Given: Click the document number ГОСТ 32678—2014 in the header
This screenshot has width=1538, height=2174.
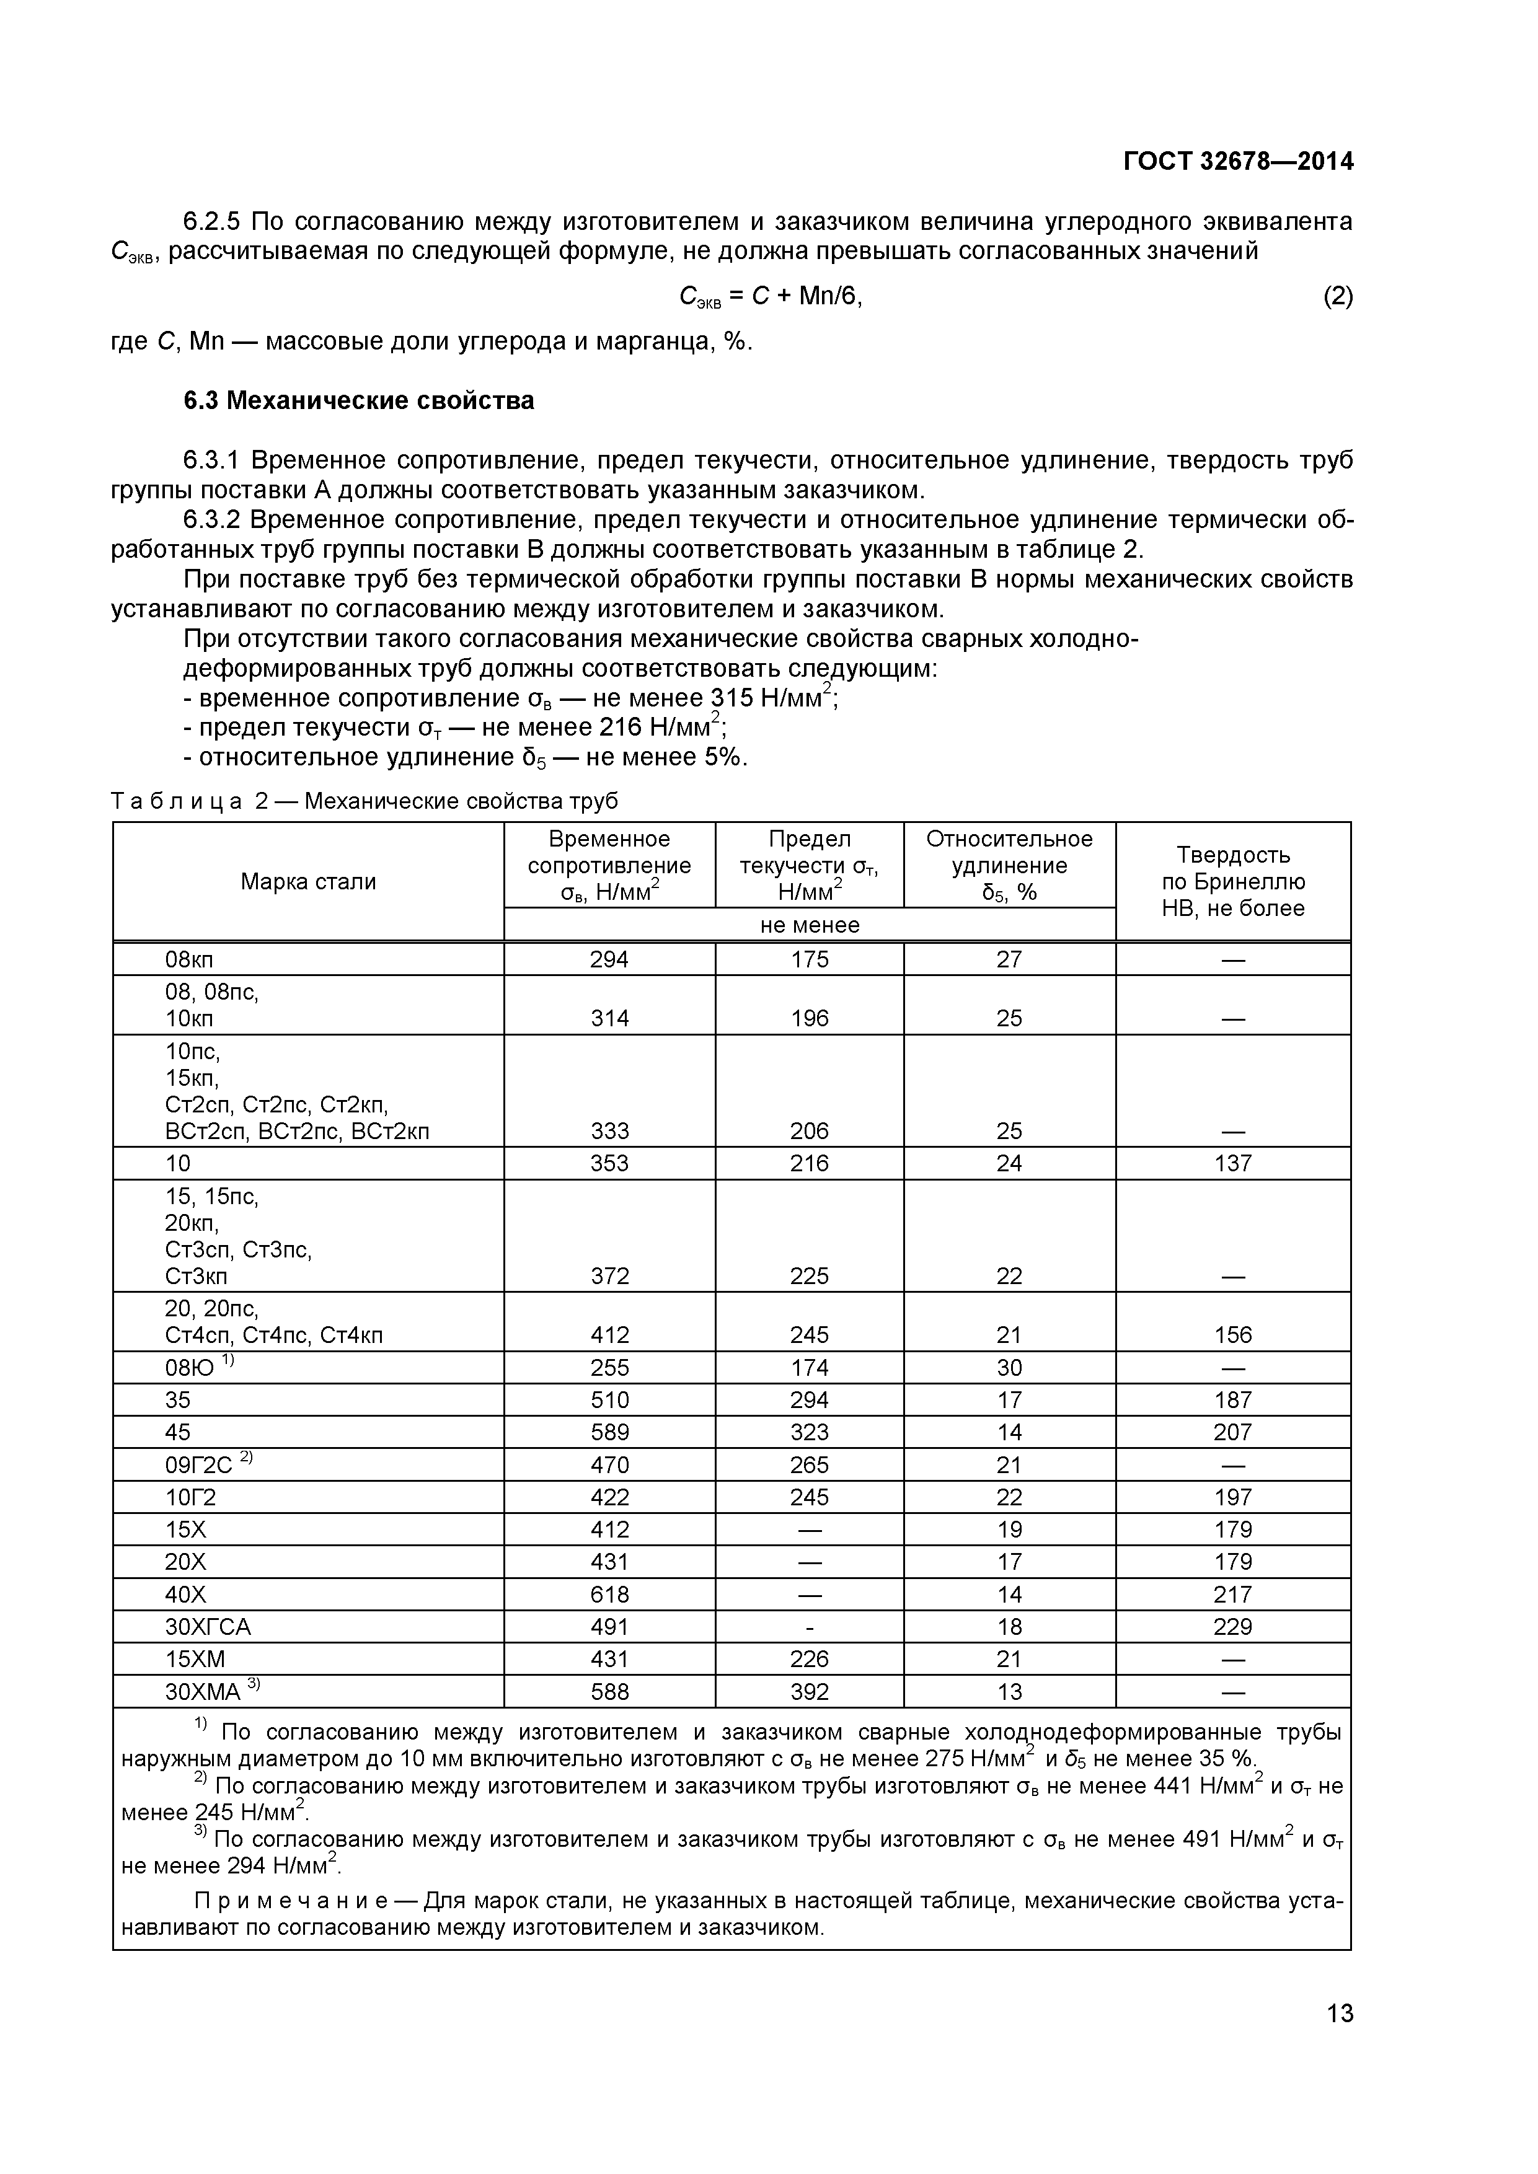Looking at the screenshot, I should click(1238, 162).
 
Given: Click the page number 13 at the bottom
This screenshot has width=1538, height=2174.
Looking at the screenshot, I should click(1339, 2041).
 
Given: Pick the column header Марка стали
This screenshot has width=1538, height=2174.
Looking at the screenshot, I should click(308, 881).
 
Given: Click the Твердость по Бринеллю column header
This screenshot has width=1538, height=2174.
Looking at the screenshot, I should click(1232, 881).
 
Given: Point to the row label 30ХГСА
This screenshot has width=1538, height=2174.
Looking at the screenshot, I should click(208, 1627).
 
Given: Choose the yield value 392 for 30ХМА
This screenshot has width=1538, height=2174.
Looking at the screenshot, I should click(809, 1692).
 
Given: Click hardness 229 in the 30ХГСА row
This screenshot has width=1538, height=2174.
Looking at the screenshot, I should click(1232, 1627).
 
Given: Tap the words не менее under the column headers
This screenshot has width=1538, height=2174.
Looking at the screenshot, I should click(809, 925).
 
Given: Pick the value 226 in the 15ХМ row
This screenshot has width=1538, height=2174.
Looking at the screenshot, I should click(809, 1659).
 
